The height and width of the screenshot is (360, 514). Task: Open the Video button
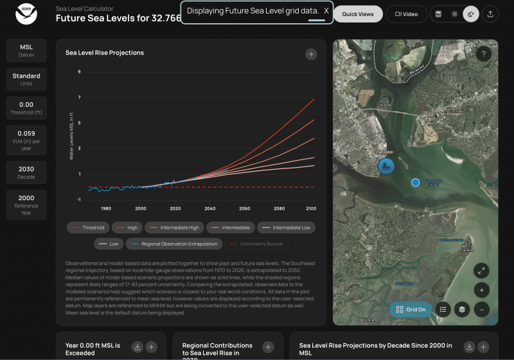click(406, 14)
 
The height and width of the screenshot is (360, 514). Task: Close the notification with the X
click(326, 11)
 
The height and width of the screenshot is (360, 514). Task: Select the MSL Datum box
click(26, 50)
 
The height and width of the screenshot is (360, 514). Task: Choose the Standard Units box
click(26, 79)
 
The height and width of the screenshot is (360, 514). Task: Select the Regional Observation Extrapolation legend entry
click(174, 244)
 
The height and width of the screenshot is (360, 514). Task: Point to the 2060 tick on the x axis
click(245, 209)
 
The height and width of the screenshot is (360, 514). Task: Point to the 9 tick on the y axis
click(79, 71)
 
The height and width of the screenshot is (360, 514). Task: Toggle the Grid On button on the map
click(410, 309)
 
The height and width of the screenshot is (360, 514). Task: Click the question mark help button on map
click(483, 55)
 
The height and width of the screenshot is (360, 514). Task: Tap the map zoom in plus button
click(481, 289)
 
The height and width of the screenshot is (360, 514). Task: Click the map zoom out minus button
click(481, 309)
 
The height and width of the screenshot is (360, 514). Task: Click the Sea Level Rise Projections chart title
click(105, 53)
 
